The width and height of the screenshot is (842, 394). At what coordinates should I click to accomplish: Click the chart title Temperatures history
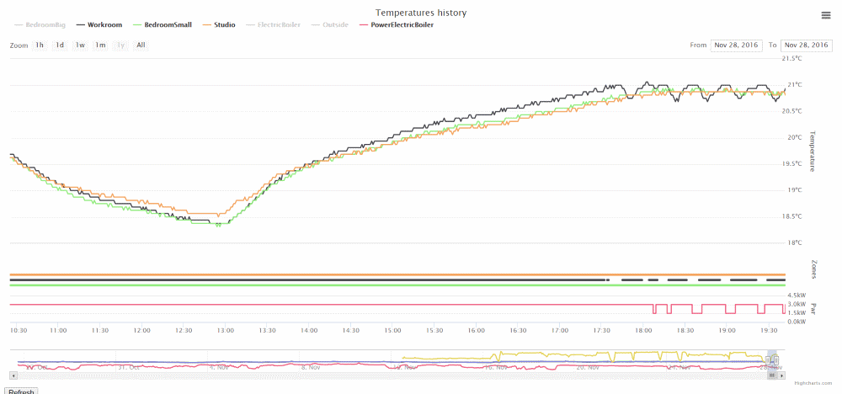(421, 13)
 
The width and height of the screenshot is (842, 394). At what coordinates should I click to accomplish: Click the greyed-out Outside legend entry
(335, 25)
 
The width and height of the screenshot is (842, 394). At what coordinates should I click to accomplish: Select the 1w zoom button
(80, 45)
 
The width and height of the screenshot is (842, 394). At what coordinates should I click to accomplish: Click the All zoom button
(141, 45)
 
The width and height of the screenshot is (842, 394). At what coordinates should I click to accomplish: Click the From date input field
(736, 45)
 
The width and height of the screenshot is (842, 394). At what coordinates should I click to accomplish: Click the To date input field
(806, 45)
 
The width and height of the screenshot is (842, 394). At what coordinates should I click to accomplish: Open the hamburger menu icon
(826, 15)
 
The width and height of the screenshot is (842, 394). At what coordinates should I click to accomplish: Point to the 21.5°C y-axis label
(793, 58)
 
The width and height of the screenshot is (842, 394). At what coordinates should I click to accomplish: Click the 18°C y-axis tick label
(791, 243)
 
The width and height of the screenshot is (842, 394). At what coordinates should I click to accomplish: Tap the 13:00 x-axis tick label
(226, 331)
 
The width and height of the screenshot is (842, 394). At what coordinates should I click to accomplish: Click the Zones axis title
(813, 269)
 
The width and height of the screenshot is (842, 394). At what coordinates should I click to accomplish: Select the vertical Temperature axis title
(813, 151)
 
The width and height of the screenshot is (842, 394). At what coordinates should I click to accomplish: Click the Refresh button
(21, 391)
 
